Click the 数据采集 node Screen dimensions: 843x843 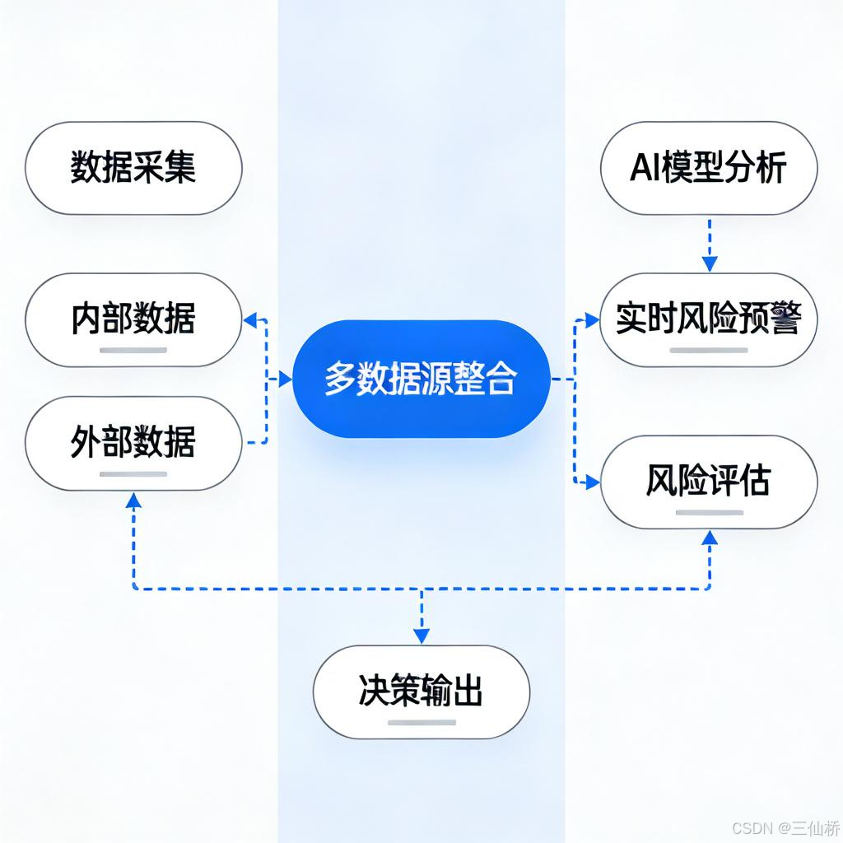[133, 169]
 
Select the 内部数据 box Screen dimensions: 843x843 [133, 319]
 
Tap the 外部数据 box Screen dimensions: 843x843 [133, 443]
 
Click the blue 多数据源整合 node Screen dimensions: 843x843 [421, 379]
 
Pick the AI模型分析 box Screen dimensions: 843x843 [709, 169]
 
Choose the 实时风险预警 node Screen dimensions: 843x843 [709, 319]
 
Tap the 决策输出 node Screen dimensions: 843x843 [421, 692]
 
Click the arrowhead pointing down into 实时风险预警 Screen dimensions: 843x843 [709, 264]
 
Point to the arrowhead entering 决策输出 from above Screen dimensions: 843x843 [421, 636]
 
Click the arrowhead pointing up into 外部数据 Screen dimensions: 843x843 [133, 499]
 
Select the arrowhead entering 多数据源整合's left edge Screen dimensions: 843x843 [285, 380]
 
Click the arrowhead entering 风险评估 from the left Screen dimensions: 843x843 [592, 483]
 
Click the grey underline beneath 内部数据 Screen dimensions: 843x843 [133, 350]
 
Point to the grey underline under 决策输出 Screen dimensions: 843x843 [421, 723]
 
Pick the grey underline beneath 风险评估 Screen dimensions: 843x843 [709, 512]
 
